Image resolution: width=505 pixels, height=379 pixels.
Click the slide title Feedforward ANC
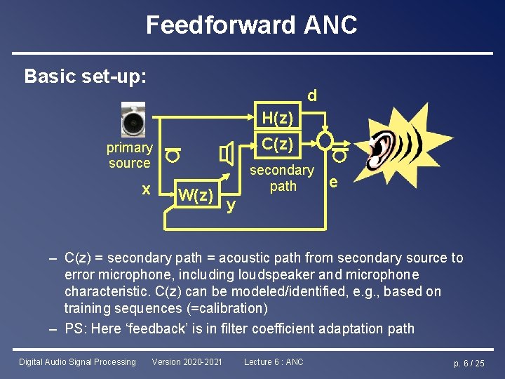252,25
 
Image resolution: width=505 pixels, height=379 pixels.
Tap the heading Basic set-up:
86,76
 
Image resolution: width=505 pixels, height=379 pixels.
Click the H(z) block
278,116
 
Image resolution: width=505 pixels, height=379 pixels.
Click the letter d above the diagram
311,94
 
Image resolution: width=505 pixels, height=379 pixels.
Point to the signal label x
146,189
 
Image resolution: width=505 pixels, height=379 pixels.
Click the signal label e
334,182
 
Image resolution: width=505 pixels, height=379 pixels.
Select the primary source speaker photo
133,119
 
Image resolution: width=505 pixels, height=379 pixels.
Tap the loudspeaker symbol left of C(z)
227,154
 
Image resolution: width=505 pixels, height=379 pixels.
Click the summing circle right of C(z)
325,141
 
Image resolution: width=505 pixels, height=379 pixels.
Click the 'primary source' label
130,155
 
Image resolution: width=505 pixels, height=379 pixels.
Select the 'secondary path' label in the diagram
282,178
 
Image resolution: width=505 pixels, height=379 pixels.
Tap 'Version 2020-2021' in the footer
187,362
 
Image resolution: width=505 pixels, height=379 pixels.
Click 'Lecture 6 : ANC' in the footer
274,362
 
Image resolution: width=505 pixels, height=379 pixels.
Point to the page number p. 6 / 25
469,363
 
